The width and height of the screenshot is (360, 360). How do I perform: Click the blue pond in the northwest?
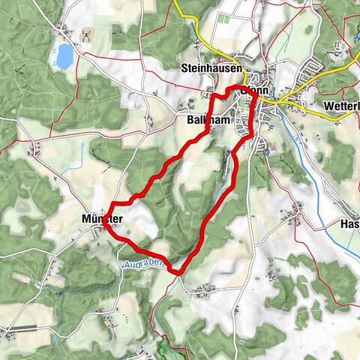65,55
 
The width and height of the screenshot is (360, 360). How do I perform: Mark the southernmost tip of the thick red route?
178,271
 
